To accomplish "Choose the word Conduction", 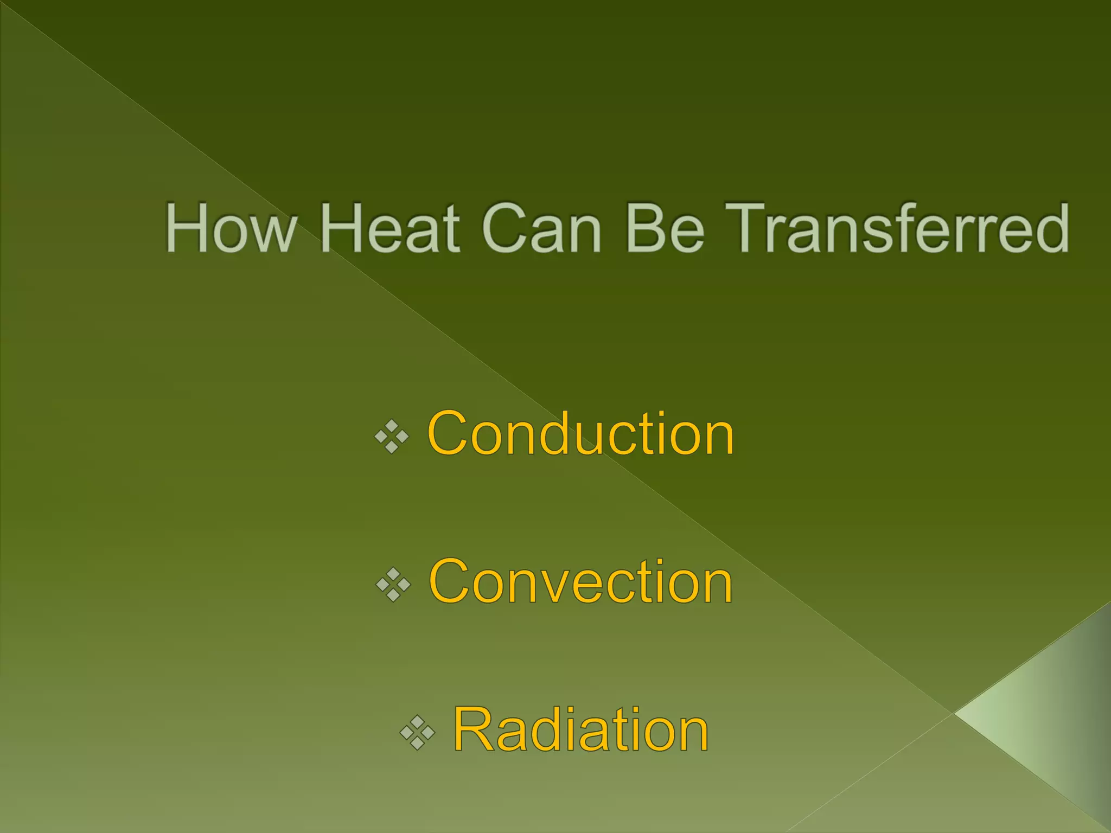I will pyautogui.click(x=580, y=434).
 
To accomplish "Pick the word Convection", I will pyautogui.click(x=580, y=582).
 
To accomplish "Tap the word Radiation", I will pyautogui.click(x=580, y=730).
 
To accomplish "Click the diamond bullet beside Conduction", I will pyautogui.click(x=392, y=435).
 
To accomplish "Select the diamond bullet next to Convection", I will pyautogui.click(x=393, y=585).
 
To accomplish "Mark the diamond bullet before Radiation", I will pyautogui.click(x=417, y=733).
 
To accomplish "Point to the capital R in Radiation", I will pyautogui.click(x=475, y=730).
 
